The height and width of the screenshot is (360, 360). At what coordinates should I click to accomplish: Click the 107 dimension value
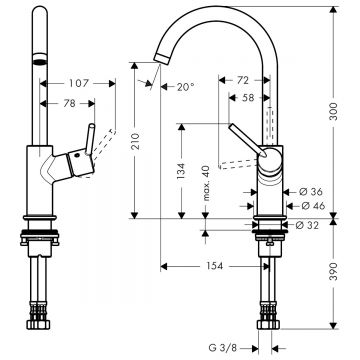(x=79, y=83)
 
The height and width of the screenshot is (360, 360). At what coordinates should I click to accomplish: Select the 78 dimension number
(x=69, y=104)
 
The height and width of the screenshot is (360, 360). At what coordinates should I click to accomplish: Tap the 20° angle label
(x=185, y=87)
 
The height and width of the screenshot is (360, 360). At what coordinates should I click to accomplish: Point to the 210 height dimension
(x=135, y=141)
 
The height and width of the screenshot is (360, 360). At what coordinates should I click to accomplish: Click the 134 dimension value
(x=182, y=171)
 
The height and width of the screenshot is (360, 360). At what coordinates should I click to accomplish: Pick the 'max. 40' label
(x=206, y=183)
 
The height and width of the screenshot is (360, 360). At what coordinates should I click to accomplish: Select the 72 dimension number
(x=243, y=80)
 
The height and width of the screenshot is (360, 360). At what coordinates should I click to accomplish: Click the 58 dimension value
(x=248, y=98)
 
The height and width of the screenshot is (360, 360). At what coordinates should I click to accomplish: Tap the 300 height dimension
(x=333, y=111)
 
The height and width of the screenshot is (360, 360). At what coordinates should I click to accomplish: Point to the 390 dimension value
(x=333, y=271)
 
